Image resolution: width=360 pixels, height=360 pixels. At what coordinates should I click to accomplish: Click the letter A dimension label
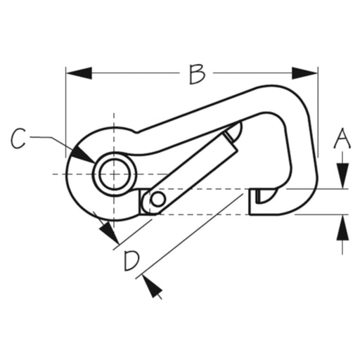click(x=342, y=139)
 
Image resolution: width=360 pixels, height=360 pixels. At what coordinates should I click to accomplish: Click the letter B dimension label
click(x=197, y=75)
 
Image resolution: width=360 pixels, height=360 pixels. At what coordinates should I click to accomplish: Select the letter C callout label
click(x=18, y=139)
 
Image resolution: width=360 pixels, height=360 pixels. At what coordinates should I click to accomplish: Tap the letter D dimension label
click(x=131, y=261)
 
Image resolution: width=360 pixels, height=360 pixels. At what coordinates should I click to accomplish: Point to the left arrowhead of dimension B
click(x=79, y=73)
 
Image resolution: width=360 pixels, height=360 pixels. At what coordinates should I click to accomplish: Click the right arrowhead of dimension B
click(x=304, y=73)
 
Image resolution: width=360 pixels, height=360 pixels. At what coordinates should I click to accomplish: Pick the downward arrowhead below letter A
click(x=342, y=176)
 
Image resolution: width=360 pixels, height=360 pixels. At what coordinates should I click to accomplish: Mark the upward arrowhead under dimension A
click(x=342, y=228)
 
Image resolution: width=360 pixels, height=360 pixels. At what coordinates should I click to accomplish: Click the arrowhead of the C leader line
click(x=83, y=155)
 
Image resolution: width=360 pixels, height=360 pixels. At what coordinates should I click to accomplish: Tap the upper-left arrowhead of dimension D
click(x=110, y=233)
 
